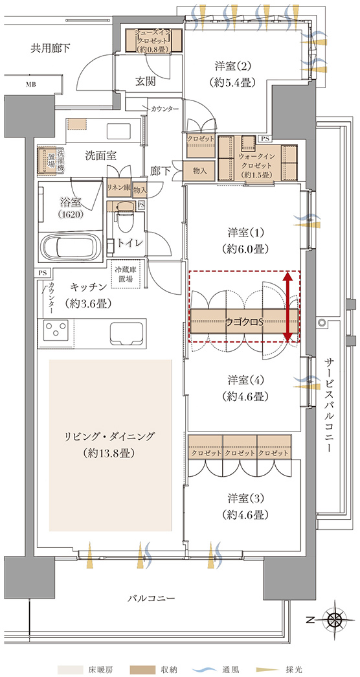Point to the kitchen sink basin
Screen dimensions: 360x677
128,333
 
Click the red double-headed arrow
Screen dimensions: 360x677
287,307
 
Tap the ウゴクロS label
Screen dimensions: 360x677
244,322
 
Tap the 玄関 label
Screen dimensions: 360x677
145,81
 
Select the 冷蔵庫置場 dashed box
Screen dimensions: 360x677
124,275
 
